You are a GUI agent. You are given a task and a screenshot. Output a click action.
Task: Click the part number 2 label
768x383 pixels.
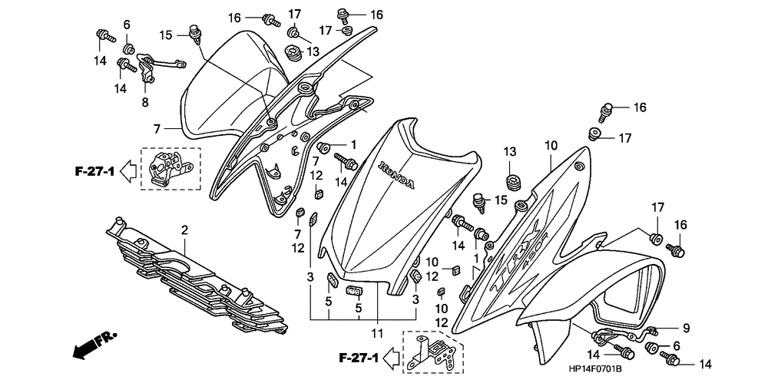click(x=184, y=229)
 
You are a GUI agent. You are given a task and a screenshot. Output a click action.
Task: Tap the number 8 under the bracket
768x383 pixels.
click(x=144, y=102)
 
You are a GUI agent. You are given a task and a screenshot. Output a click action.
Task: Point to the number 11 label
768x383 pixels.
click(x=377, y=332)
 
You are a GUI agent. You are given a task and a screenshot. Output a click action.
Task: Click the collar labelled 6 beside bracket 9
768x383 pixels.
click(x=657, y=351)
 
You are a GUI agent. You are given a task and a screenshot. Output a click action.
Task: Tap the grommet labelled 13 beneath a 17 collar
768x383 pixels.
click(x=293, y=54)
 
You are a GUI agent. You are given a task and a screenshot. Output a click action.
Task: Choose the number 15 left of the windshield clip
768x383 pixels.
click(x=166, y=35)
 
